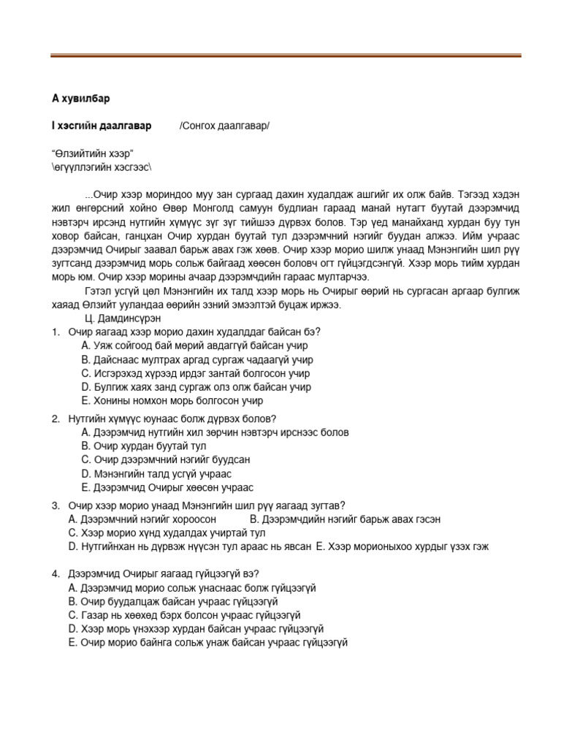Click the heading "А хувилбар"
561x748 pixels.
pos(80,98)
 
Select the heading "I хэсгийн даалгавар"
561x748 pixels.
pos(102,126)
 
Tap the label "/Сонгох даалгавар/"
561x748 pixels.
pos(224,126)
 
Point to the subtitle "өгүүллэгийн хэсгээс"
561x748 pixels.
pos(101,167)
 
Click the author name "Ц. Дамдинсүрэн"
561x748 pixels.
pos(123,318)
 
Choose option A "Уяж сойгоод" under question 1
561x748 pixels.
pos(194,346)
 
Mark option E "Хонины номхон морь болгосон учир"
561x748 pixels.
pos(172,401)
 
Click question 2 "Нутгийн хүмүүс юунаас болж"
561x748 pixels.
pos(172,419)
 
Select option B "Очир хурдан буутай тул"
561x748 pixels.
pos(144,446)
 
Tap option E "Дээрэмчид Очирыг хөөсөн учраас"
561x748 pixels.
pos(167,487)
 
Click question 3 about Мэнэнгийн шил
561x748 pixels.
pos(206,505)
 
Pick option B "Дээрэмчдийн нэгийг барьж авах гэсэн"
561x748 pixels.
pos(345,519)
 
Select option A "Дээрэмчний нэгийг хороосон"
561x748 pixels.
pos(142,519)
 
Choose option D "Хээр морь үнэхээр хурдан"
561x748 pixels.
pos(196,628)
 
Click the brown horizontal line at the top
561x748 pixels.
pos(286,56)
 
